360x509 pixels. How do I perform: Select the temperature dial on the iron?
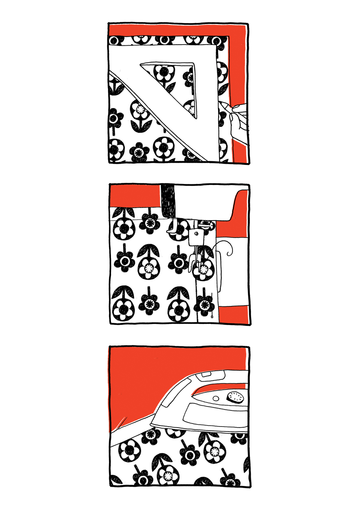coord(235,397)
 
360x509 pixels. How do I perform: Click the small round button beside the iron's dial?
coord(216,398)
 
